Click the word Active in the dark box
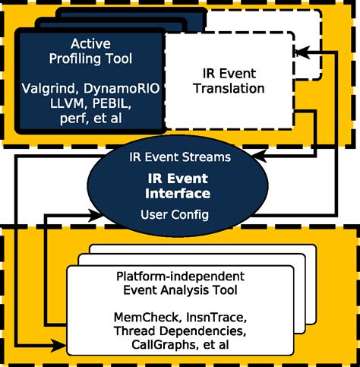pyautogui.click(x=90, y=44)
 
